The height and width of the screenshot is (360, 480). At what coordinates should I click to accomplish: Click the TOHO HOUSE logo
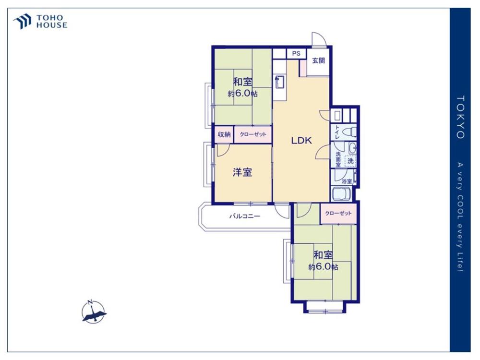pyautogui.click(x=40, y=22)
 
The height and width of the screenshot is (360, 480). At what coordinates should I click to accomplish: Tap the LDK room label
pyautogui.click(x=301, y=141)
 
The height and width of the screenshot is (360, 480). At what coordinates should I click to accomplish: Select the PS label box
pyautogui.click(x=296, y=54)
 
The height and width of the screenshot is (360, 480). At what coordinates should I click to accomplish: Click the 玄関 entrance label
pyautogui.click(x=318, y=60)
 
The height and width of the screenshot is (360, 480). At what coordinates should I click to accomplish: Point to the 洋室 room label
pyautogui.click(x=242, y=172)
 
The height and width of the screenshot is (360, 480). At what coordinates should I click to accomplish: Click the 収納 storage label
pyautogui.click(x=224, y=134)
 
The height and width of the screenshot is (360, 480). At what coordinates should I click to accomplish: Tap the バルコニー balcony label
pyautogui.click(x=245, y=216)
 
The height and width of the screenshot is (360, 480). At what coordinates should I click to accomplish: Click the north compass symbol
pyautogui.click(x=94, y=312)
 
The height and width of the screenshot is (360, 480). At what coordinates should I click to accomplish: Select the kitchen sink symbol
pyautogui.click(x=279, y=82)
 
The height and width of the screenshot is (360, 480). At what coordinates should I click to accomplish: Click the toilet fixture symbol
pyautogui.click(x=349, y=132)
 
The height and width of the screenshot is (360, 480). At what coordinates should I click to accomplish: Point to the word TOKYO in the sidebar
pyautogui.click(x=460, y=117)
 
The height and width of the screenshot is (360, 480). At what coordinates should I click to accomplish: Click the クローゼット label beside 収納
pyautogui.click(x=253, y=134)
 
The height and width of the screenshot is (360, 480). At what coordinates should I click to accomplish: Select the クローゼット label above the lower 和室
pyautogui.click(x=338, y=213)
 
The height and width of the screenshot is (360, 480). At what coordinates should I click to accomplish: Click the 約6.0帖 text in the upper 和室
pyautogui.click(x=242, y=94)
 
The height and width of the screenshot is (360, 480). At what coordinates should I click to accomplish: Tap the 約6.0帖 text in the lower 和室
pyautogui.click(x=323, y=266)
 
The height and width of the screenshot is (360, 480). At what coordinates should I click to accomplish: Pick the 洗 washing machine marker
pyautogui.click(x=350, y=160)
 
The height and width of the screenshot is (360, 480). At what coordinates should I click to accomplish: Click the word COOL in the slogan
pyautogui.click(x=460, y=209)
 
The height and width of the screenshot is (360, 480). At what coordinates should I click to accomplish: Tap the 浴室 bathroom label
pyautogui.click(x=347, y=181)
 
